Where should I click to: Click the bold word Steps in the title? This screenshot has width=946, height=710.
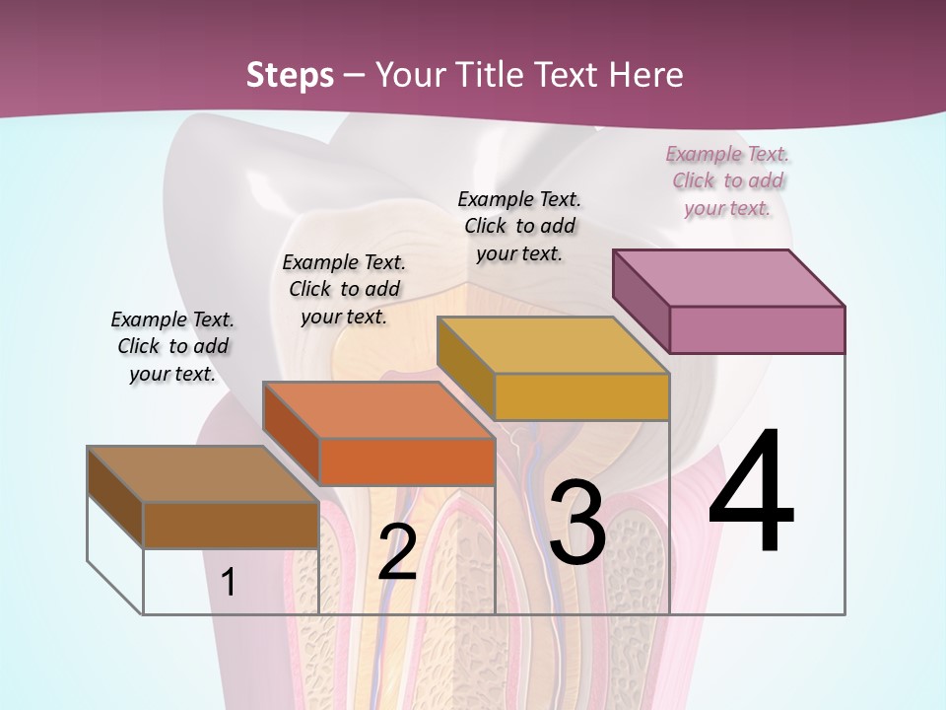coord(290,75)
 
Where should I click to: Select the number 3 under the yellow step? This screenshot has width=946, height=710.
coord(577,524)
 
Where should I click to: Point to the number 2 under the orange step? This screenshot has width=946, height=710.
coord(397,552)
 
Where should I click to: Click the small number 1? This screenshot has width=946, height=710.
coord(229,583)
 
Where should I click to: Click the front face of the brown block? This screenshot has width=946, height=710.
coord(231,526)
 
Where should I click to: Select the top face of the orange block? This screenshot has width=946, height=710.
coord(378,409)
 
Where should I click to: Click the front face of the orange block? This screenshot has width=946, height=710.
coord(407,461)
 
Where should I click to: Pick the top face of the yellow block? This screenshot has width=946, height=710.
coord(553,345)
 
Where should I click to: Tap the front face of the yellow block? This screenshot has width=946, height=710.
coord(581,397)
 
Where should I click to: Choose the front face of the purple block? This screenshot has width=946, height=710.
coord(757,329)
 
